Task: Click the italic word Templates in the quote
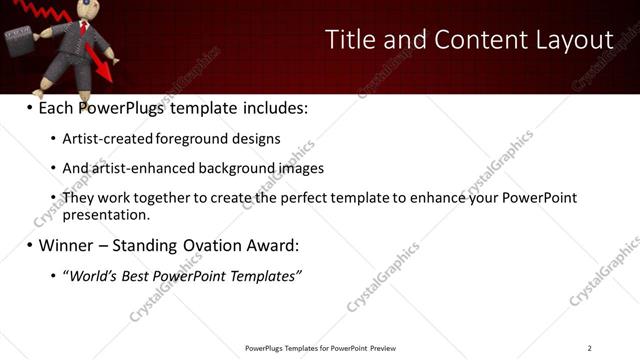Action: click(x=263, y=275)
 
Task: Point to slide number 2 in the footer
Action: click(x=589, y=348)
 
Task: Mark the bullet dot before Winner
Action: click(x=29, y=245)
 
